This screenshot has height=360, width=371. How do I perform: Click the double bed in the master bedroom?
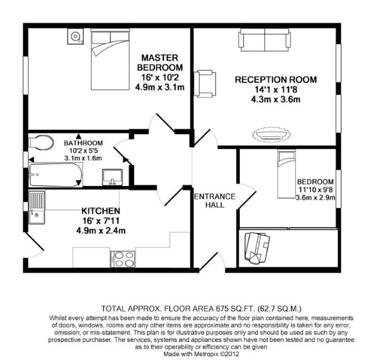110,59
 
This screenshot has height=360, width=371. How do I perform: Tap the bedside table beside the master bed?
75,37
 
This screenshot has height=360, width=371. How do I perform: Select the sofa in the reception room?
265,40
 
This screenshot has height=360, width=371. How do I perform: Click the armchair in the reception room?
205,83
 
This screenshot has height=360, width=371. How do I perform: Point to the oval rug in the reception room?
271,135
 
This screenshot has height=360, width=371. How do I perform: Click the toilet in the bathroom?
40,142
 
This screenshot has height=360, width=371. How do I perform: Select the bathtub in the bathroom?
55,174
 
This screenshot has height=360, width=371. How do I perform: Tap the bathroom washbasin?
112,177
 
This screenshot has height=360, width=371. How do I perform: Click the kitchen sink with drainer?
37,208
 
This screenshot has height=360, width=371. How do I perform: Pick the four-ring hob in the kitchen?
123,259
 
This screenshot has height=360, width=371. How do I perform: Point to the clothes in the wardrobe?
257,248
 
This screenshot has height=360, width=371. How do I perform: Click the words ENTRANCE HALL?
215,200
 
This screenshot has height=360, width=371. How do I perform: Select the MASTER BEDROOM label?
160,63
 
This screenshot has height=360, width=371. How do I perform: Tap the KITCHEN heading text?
101,210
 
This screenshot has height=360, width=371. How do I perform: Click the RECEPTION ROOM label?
276,80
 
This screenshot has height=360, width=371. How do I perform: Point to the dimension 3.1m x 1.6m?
83,158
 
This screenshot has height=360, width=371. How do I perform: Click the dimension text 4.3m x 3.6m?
276,99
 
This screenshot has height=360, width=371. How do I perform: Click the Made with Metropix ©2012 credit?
202,354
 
